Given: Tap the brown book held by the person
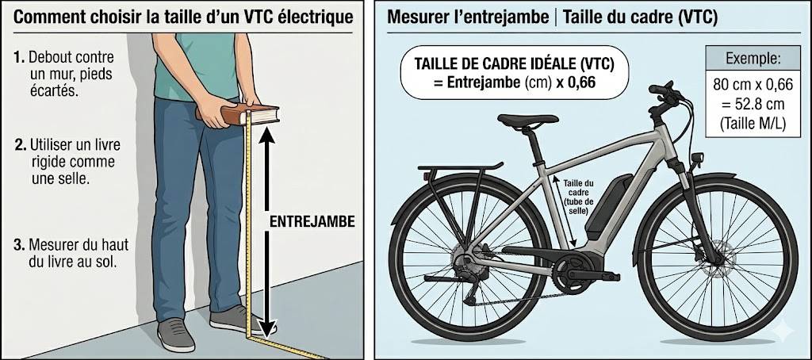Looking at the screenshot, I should click(239, 114).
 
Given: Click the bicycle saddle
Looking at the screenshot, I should click(527, 121).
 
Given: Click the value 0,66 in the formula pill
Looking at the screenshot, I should click(578, 81).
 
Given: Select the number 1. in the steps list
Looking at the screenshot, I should click(20, 58).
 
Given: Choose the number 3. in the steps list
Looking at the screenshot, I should click(20, 243).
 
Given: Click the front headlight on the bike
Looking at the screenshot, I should click(698, 159).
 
